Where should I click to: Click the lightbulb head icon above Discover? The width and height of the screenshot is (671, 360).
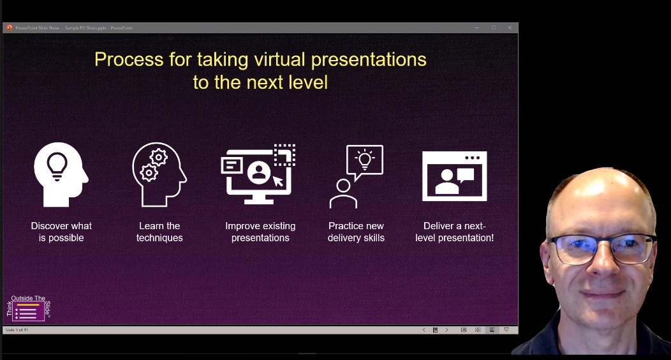pyautogui.click(x=61, y=174)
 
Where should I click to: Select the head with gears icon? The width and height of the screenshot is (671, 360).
pyautogui.click(x=159, y=174)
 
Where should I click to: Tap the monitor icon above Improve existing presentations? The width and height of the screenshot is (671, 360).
pyautogui.click(x=258, y=174)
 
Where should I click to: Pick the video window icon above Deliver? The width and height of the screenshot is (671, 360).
pyautogui.click(x=455, y=176)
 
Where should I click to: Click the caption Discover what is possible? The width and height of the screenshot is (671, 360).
pyautogui.click(x=61, y=232)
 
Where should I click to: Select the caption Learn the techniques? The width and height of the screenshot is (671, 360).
pyautogui.click(x=159, y=232)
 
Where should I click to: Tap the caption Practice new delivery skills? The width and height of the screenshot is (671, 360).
pyautogui.click(x=356, y=232)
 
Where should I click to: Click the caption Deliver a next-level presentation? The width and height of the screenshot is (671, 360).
pyautogui.click(x=455, y=232)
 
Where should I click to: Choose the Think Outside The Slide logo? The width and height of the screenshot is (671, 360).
pyautogui.click(x=29, y=308)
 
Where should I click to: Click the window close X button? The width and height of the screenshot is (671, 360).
pyautogui.click(x=510, y=27)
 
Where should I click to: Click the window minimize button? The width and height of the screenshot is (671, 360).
pyautogui.click(x=476, y=27)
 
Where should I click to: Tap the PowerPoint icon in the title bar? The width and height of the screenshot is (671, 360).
pyautogui.click(x=9, y=27)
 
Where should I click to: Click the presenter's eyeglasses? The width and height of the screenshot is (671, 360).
pyautogui.click(x=602, y=248)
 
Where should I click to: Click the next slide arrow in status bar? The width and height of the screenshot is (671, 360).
pyautogui.click(x=446, y=330)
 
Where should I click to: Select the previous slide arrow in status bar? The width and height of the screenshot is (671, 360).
pyautogui.click(x=424, y=330)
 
